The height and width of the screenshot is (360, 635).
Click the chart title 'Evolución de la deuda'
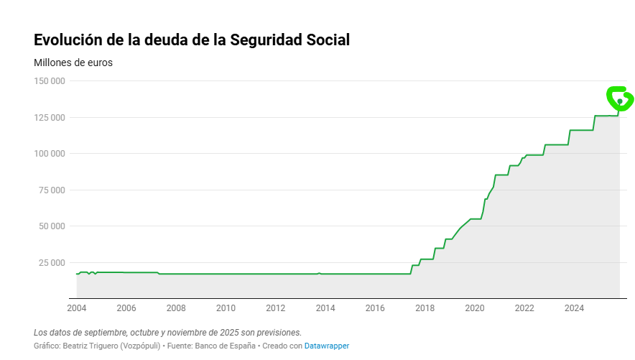(x=192, y=40)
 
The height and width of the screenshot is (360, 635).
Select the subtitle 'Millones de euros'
(x=73, y=63)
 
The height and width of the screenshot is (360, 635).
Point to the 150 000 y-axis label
(x=50, y=81)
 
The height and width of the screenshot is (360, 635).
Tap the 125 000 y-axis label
(x=50, y=117)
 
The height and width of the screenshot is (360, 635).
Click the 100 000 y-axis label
(x=50, y=154)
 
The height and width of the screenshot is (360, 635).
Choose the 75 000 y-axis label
(x=52, y=190)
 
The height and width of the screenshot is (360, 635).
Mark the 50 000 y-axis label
(x=52, y=226)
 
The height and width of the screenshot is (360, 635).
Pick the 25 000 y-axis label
(x=52, y=262)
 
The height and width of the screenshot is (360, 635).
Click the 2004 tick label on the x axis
(x=76, y=308)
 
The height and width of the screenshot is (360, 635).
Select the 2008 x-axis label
(x=176, y=308)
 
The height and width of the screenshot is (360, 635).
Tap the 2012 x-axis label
(x=276, y=308)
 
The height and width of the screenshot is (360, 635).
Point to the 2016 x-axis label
(x=375, y=308)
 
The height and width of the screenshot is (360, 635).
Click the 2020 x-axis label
(x=475, y=308)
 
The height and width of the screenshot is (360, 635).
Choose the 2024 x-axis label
(x=574, y=308)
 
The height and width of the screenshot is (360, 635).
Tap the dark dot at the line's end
(x=619, y=101)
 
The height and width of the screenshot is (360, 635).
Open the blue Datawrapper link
(x=327, y=346)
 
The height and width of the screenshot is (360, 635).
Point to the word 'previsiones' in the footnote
(x=277, y=333)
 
